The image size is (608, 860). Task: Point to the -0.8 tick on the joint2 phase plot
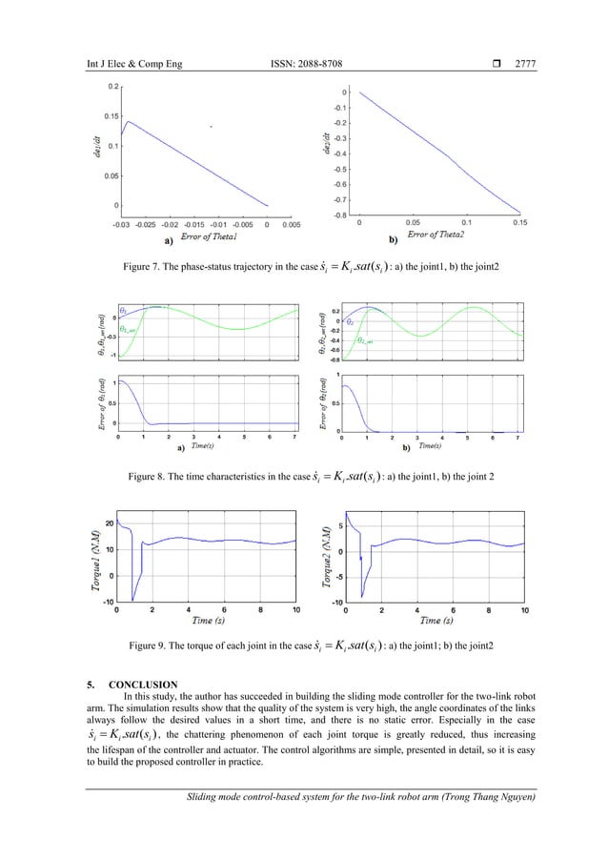pos(338,215)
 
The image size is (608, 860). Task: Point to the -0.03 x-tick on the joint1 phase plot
pos(119,225)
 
